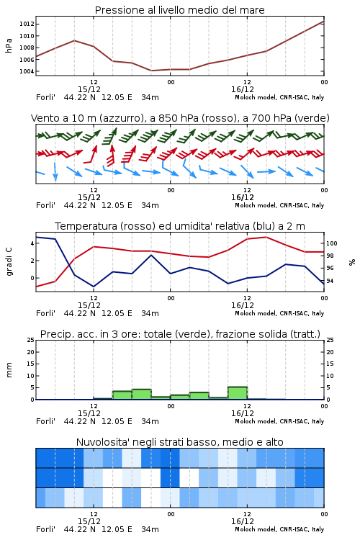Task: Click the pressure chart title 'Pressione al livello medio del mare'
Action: [x=179, y=10]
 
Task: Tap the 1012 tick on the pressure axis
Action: [x=27, y=24]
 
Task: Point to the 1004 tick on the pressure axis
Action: [x=27, y=71]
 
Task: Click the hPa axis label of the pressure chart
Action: [x=9, y=45]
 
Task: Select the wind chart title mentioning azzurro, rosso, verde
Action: [x=180, y=118]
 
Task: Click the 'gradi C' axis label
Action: [x=9, y=261]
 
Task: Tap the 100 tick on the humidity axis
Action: [x=331, y=243]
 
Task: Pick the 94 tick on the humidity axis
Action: [x=330, y=281]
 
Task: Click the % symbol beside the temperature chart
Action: [x=352, y=262]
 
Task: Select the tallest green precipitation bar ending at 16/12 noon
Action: [x=238, y=393]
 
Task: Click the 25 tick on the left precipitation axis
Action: [x=31, y=340]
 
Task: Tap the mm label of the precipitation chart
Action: [x=9, y=370]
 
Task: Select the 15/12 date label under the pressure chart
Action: [x=89, y=89]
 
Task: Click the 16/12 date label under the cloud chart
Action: [x=243, y=521]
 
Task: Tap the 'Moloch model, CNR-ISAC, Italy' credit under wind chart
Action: [x=279, y=205]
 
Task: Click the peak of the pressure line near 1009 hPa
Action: [x=74, y=40]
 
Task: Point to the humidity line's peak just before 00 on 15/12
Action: [x=151, y=255]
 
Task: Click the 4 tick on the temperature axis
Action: [x=32, y=243]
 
